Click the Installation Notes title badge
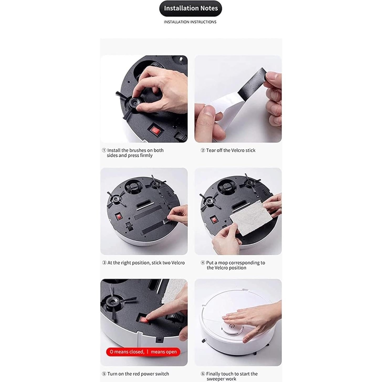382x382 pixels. [190, 8]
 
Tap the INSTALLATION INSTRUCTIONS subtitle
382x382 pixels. [190, 22]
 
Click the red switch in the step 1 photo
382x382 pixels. [155, 130]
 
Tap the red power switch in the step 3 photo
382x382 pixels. [119, 217]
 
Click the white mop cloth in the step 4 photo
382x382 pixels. [249, 218]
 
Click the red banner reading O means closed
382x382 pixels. [143, 352]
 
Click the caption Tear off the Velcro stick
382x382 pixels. [231, 150]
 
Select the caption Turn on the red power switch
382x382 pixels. [138, 374]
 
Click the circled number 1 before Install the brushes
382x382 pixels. [104, 150]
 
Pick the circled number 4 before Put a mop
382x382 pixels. [203, 263]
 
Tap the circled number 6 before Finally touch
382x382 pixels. [203, 374]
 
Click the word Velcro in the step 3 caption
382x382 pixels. [178, 263]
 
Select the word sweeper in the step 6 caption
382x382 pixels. [216, 379]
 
